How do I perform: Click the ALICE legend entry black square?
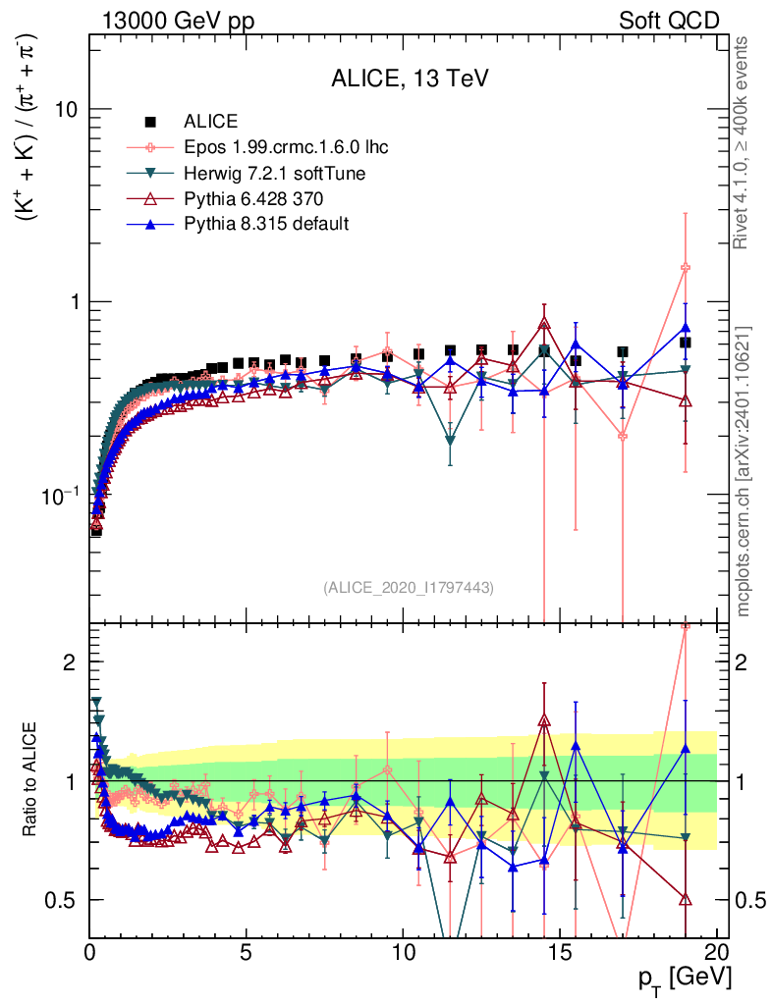pos(150,123)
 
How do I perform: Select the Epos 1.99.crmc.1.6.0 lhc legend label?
pos(286,148)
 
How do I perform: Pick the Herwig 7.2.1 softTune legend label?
pos(274,174)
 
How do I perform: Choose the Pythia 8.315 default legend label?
pos(266,225)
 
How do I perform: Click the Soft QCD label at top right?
pos(669,21)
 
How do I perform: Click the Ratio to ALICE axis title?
pos(31,781)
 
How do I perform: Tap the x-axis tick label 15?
pos(560,951)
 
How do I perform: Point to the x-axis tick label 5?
pos(247,951)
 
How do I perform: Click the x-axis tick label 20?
pos(716,951)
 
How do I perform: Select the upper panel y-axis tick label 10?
pos(64,109)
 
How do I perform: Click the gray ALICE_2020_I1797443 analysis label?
pos(408,587)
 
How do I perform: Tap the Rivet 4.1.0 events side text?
pos(744,142)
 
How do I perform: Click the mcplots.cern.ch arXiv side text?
pos(744,471)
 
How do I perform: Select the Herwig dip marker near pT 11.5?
pos(450,442)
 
